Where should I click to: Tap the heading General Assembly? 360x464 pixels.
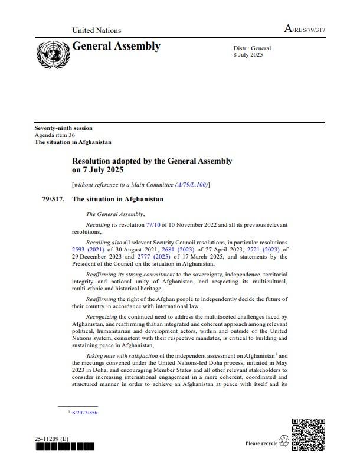click(x=116, y=46)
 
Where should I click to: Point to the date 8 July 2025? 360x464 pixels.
click(x=247, y=55)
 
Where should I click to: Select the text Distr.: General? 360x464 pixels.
click(x=253, y=48)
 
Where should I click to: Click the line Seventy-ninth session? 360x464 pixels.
click(x=63, y=128)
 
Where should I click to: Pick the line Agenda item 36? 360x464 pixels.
click(x=55, y=135)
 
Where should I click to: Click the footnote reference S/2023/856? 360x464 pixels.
click(x=85, y=413)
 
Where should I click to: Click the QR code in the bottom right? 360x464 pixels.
click(x=308, y=435)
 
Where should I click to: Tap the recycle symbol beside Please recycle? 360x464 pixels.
click(x=283, y=442)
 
